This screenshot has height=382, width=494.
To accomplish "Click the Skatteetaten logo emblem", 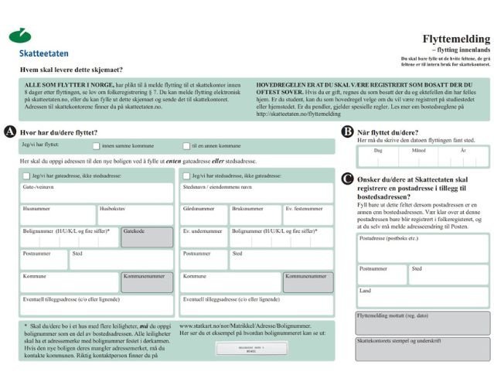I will (20, 36).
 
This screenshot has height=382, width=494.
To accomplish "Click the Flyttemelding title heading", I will (456, 39).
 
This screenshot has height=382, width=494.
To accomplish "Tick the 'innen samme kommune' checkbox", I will (97, 145).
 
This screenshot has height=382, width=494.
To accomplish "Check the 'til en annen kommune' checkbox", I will (186, 145).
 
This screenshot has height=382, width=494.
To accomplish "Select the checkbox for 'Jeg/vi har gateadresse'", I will (26, 176).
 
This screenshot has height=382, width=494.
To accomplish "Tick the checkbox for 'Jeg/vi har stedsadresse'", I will (186, 176).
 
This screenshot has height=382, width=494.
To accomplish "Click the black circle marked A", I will (10, 132).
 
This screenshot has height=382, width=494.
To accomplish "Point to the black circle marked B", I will (348, 132).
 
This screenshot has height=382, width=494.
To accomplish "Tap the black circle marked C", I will (348, 179).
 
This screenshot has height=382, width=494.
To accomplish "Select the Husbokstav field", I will (135, 215).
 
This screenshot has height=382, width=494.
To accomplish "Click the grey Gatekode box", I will (148, 237).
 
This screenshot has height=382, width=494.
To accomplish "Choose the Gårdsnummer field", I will (203, 215).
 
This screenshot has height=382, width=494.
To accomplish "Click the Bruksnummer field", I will (255, 215).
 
